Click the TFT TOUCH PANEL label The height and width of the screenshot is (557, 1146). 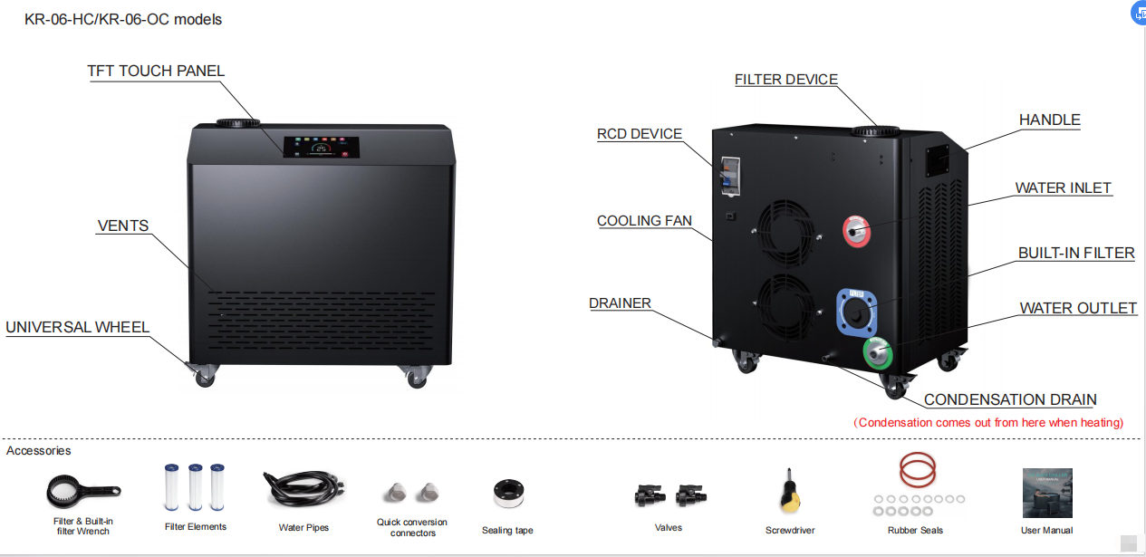pos(155,71)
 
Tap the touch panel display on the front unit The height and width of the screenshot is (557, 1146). pos(321,148)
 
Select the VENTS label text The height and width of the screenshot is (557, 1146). pos(122,226)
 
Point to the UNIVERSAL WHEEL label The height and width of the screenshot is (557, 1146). pos(77,327)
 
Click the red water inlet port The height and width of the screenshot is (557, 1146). pos(856,231)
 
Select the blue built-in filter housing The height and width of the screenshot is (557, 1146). pos(858,312)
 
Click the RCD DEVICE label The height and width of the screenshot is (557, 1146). pos(639,134)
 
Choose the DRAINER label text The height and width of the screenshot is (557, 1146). pos(620,303)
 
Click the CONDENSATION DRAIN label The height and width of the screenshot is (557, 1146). pos(1010,399)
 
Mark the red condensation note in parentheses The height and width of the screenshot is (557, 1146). pos(989,422)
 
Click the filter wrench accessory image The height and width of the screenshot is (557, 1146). pos(82,491)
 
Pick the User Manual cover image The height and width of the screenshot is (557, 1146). pos(1046,493)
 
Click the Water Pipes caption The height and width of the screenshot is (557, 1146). pos(303,527)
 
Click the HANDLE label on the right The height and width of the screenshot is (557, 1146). pos(1049,120)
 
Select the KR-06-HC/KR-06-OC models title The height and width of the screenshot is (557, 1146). pos(123,19)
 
